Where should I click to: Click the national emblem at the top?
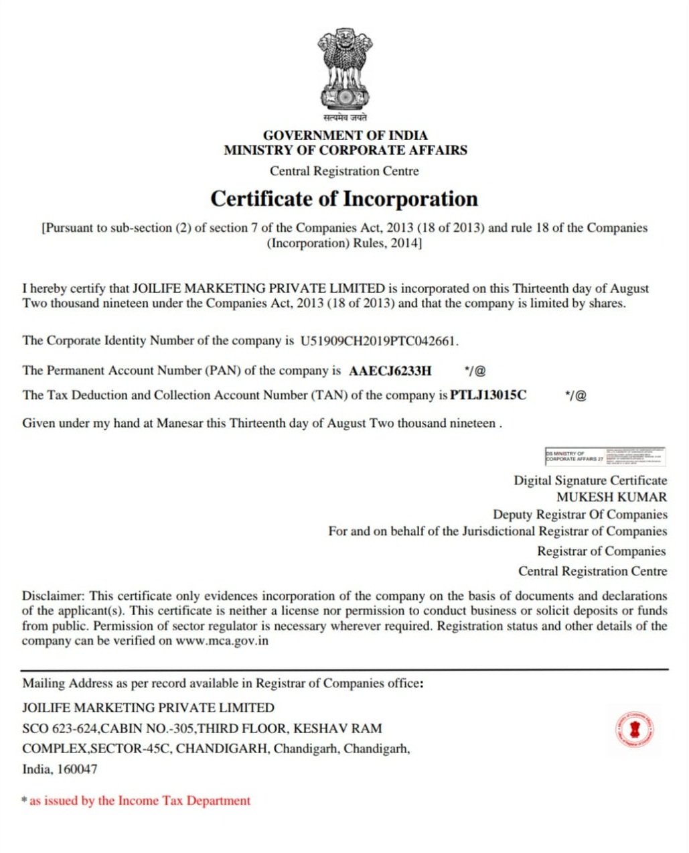point(344,68)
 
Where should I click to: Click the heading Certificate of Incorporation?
point(344,199)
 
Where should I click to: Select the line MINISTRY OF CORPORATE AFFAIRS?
point(346,150)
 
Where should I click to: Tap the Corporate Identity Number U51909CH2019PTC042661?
point(379,340)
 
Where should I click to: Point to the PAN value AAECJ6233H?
point(390,371)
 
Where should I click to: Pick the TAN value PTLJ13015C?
point(488,395)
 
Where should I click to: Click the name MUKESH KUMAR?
point(611,497)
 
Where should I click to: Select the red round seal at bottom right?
point(634,730)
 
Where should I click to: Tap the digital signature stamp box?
point(605,457)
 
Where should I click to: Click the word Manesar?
point(179,423)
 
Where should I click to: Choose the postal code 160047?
point(77,769)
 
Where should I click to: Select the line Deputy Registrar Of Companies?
point(580,515)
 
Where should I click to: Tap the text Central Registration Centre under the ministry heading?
point(344,171)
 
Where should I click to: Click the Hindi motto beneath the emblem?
point(344,118)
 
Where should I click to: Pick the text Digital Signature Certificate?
point(590,480)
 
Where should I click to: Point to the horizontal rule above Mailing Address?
point(344,669)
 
